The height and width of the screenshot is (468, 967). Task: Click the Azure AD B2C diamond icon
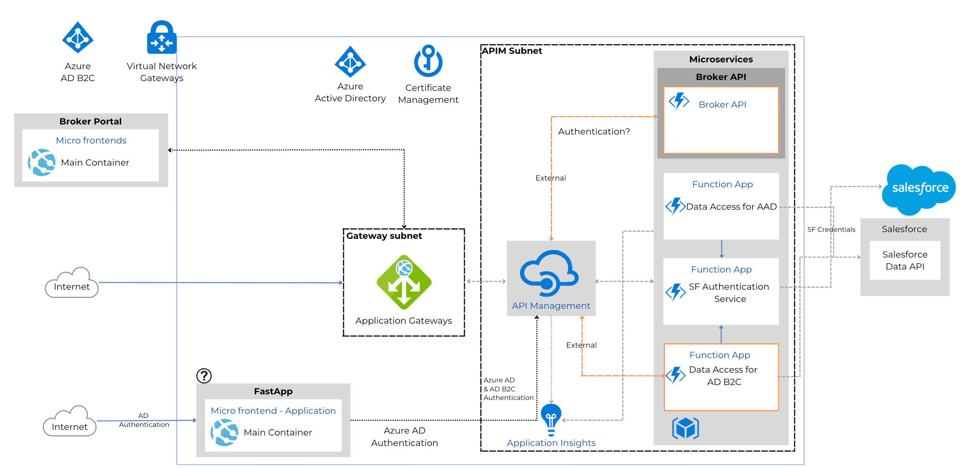point(77,37)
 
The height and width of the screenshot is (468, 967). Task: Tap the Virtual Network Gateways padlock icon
point(162,38)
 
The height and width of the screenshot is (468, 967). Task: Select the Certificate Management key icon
point(428,61)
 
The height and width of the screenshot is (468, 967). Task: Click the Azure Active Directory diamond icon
point(350,62)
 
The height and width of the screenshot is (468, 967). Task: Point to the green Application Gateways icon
point(403,282)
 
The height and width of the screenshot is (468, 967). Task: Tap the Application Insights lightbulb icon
point(551,419)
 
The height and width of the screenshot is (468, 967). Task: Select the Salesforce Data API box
point(904,260)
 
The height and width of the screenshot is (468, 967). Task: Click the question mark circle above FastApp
point(204,375)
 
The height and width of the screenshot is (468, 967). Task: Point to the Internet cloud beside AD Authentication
point(70,422)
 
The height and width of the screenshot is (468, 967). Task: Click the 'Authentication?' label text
point(593,131)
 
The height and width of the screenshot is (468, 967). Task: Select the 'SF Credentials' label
point(831,229)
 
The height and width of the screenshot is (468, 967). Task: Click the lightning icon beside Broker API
point(678,101)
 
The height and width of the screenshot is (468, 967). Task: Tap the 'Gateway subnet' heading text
point(384,236)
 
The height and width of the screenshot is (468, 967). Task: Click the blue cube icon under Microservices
point(685,428)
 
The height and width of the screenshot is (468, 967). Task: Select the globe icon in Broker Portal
point(41,162)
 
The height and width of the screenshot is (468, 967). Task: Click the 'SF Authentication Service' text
point(729,292)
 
